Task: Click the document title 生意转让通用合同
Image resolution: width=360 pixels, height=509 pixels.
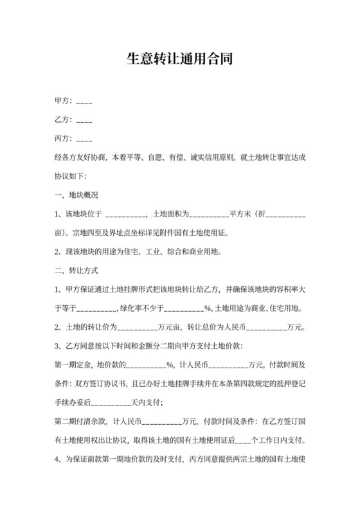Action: point(179,60)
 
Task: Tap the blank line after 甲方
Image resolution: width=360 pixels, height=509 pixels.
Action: point(84,102)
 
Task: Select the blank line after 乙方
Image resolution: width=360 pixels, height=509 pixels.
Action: point(84,120)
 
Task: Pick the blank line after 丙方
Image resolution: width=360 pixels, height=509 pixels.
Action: point(84,139)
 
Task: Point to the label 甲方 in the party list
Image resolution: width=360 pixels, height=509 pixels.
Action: point(63,101)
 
